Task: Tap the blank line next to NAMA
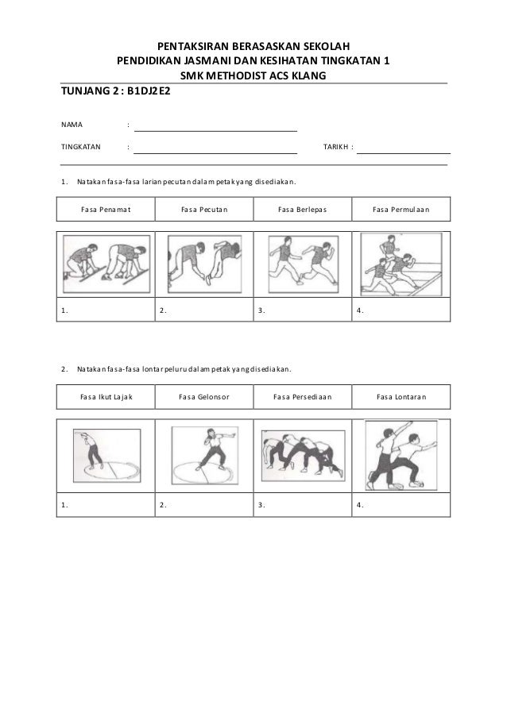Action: pos(216,127)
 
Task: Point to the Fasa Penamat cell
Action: pos(106,210)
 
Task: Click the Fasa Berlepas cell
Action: pos(303,210)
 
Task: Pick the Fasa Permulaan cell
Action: pos(401,210)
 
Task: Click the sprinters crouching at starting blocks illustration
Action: pos(106,261)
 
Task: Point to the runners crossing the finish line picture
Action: pos(401,261)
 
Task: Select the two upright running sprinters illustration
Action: pos(303,261)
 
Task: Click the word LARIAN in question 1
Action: pos(156,181)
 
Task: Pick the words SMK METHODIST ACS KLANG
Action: pos(253,75)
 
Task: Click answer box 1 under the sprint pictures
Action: pos(106,310)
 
